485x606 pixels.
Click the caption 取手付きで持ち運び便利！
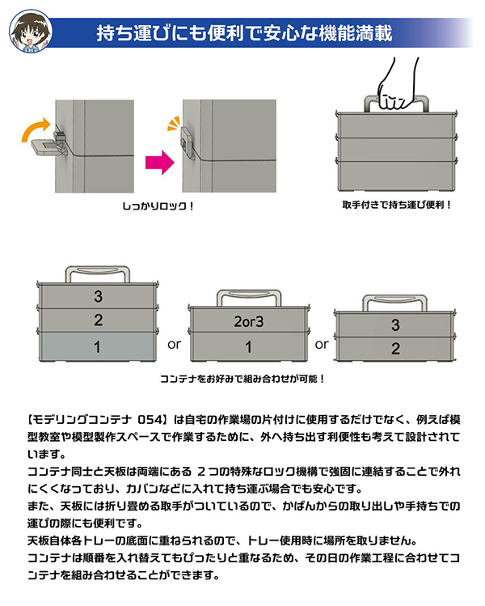[x=395, y=205]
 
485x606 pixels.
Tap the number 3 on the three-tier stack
[x=98, y=296]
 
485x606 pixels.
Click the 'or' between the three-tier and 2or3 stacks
[x=172, y=344]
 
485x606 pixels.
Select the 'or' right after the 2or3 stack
[x=323, y=344]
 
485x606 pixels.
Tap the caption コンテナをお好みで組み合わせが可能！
[x=242, y=379]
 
